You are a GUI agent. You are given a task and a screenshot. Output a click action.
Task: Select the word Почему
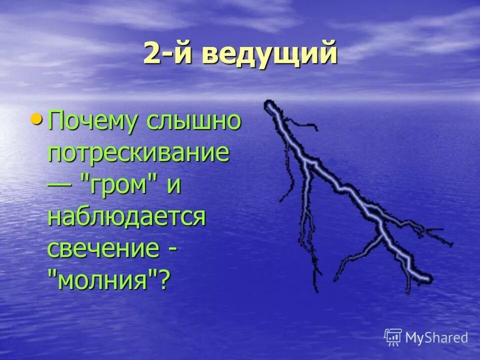[92, 122]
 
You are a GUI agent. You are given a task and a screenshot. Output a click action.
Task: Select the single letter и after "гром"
[173, 185]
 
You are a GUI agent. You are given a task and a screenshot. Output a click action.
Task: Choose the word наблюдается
[126, 217]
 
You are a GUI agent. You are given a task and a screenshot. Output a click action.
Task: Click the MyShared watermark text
[436, 337]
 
